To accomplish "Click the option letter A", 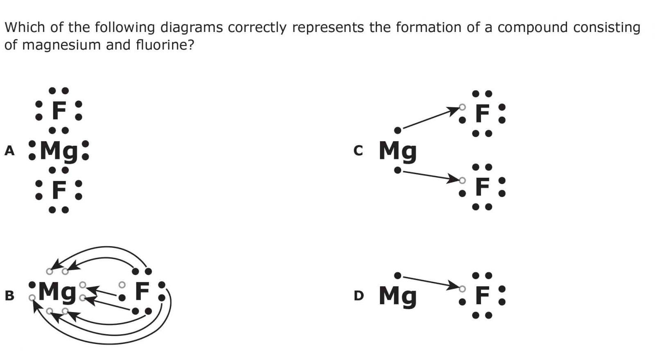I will pyautogui.click(x=9, y=151).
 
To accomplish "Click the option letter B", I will pyautogui.click(x=9, y=295).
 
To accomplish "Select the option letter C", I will pyautogui.click(x=358, y=151).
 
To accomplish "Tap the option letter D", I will pyautogui.click(x=359, y=295).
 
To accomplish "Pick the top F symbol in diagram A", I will pyautogui.click(x=59, y=111).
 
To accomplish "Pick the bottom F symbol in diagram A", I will pyautogui.click(x=59, y=190).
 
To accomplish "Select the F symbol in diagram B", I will pyautogui.click(x=142, y=291).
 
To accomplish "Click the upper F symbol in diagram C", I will pyautogui.click(x=482, y=113).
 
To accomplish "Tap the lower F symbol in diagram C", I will pyautogui.click(x=482, y=187).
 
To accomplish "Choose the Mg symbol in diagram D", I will pyautogui.click(x=398, y=296).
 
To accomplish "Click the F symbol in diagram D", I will pyautogui.click(x=482, y=295).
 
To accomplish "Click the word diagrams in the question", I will pyautogui.click(x=192, y=27).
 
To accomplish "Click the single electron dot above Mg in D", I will pyautogui.click(x=397, y=275).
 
